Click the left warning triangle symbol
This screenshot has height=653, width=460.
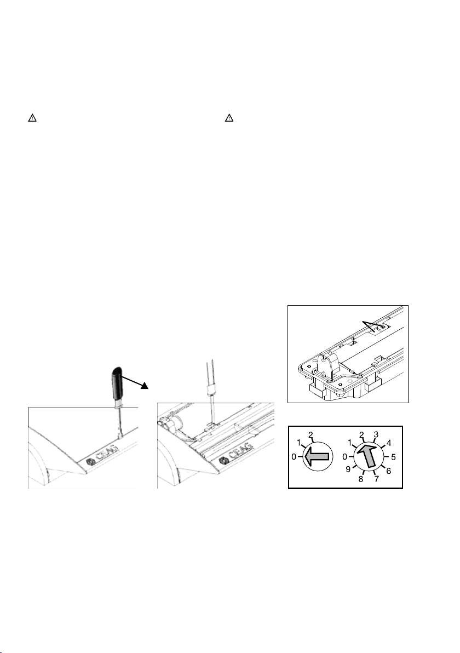[32, 118]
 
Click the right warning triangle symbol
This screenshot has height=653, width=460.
[229, 118]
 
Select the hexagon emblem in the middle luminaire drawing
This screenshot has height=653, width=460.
[223, 460]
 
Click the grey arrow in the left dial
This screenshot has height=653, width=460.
[317, 457]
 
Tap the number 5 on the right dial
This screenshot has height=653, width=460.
[393, 457]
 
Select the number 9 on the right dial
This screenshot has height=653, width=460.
[348, 469]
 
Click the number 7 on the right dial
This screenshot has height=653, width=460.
[376, 479]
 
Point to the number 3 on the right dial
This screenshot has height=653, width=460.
[376, 435]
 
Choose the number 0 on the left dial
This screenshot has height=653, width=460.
[294, 457]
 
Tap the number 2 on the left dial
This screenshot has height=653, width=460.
[311, 435]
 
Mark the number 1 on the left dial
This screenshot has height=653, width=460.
[298, 442]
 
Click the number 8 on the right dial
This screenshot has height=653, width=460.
[361, 479]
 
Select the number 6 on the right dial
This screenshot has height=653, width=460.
[389, 471]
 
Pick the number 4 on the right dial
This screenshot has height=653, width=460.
[389, 443]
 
